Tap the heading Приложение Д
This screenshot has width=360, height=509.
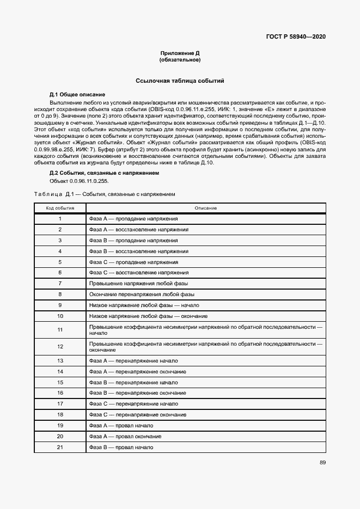[x=180, y=53]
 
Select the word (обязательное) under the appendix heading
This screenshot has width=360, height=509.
[x=180, y=59]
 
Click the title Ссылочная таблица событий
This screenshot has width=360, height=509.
[x=180, y=81]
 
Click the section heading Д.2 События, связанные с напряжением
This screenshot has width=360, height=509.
[x=104, y=173]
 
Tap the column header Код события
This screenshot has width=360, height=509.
[x=60, y=208]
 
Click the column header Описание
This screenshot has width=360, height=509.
[x=205, y=208]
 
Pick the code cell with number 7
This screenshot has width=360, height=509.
[x=60, y=283]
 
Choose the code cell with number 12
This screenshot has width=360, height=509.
[x=60, y=346]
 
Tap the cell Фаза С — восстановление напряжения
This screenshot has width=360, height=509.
[x=138, y=272]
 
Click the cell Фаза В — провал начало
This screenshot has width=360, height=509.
[x=120, y=447]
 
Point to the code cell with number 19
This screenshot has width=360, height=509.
[x=60, y=425]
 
